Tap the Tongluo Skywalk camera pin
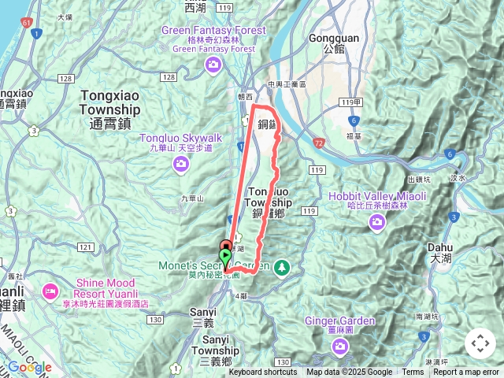click(x=182, y=163)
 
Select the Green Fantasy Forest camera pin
click(x=211, y=65)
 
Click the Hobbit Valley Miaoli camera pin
click(x=377, y=223)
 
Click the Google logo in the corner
click(x=29, y=367)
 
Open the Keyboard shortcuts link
click(x=263, y=372)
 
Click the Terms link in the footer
click(x=413, y=372)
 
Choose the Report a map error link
click(x=467, y=372)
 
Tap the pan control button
click(x=480, y=343)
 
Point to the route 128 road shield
click(x=169, y=76)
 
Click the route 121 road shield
click(x=84, y=248)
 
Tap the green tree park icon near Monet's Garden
click(x=282, y=268)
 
